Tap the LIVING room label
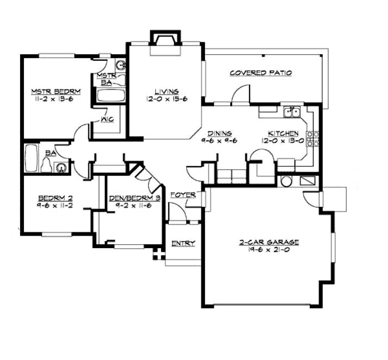pyautogui.click(x=166, y=92)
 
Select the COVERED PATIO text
pyautogui.click(x=260, y=73)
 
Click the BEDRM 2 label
pyautogui.click(x=52, y=198)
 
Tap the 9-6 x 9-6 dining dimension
pyautogui.click(x=219, y=141)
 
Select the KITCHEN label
pyautogui.click(x=283, y=133)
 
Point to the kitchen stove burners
pyautogui.click(x=313, y=139)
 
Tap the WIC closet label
pyautogui.click(x=106, y=121)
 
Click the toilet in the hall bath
pyautogui.click(x=47, y=165)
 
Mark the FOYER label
pyautogui.click(x=183, y=195)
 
